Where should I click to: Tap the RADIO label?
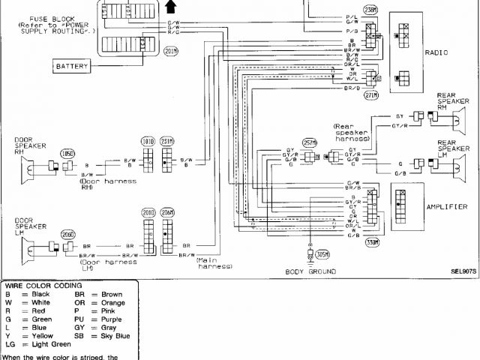coord(436,53)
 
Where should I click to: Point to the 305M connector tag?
coord(322,253)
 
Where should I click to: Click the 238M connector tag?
coord(370,10)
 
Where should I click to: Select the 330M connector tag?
coord(372,242)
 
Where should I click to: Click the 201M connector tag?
coord(172,50)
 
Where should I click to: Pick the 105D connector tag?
coord(68,154)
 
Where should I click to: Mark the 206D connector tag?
coord(68,234)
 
